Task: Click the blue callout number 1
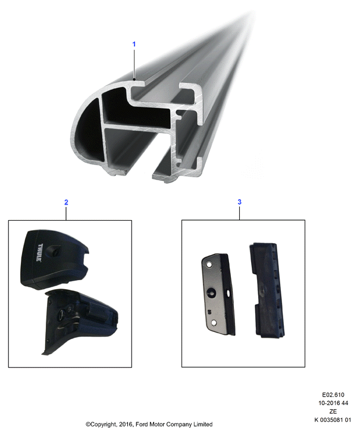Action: [134, 44]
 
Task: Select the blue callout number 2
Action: [66, 202]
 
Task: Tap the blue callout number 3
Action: [240, 202]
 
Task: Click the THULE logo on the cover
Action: [39, 252]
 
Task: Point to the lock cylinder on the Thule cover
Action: [55, 251]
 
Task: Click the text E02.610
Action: [333, 394]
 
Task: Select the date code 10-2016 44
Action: [333, 403]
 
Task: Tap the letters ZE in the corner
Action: [333, 411]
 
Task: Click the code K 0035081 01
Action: [333, 420]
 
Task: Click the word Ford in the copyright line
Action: [142, 424]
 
